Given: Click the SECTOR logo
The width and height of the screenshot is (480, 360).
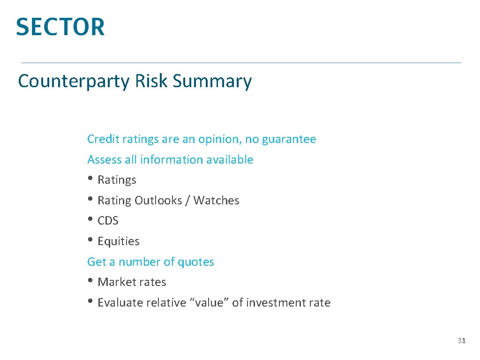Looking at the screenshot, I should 60,27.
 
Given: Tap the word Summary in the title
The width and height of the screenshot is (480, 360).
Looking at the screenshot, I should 212,82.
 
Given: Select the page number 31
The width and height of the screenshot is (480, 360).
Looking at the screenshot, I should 461,341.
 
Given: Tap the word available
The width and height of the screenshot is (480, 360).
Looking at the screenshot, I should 230,160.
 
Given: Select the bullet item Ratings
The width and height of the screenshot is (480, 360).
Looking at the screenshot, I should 117,180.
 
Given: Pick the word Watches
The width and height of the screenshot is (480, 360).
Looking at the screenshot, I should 216,201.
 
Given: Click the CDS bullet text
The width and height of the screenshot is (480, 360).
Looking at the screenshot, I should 108,221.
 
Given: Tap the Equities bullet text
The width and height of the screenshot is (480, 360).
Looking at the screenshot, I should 119,241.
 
